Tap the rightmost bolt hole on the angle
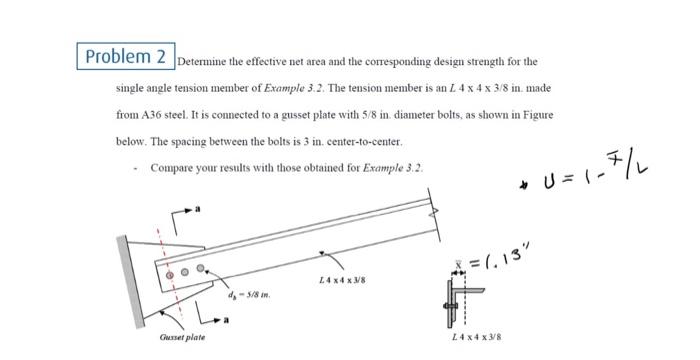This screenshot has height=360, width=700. click(x=200, y=267)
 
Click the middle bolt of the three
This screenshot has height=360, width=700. click(x=185, y=270)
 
